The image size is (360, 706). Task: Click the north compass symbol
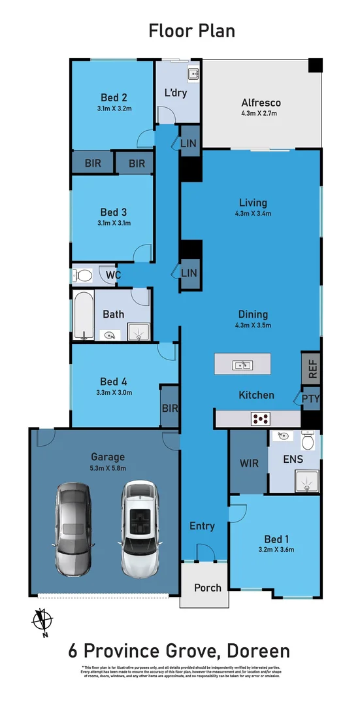(x=42, y=620)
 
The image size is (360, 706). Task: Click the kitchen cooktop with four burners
(x=262, y=419)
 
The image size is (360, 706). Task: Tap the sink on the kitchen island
(x=242, y=364)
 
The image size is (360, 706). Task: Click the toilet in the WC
(x=83, y=275)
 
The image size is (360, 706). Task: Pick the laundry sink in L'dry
(x=193, y=74)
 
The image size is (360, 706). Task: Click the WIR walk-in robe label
(x=249, y=463)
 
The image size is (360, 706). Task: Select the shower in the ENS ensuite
(x=306, y=482)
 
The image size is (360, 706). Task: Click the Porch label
(x=208, y=587)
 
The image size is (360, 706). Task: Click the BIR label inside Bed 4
(x=170, y=407)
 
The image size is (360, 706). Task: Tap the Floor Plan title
(x=191, y=30)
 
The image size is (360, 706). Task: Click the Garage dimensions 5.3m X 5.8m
(x=108, y=468)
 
